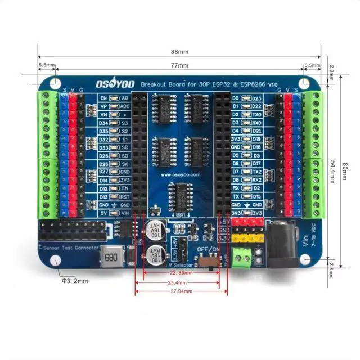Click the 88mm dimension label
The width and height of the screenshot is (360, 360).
179,52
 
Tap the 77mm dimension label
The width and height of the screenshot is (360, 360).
179,66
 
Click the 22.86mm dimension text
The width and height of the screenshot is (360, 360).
181,273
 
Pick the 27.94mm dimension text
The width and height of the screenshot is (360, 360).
181,291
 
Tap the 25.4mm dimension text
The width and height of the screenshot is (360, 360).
181,282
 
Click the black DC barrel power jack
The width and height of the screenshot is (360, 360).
281,240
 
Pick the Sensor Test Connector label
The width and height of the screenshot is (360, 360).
69,247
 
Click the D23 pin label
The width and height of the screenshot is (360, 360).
257,98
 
